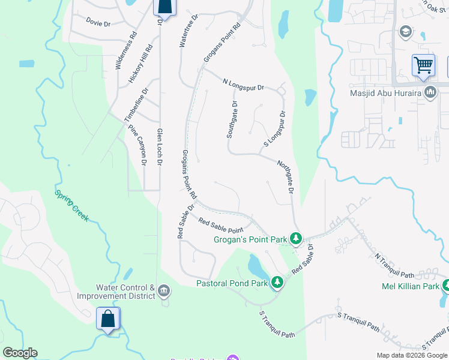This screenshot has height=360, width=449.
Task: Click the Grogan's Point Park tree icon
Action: (x=295, y=239)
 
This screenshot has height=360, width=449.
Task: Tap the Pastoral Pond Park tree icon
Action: (x=277, y=281)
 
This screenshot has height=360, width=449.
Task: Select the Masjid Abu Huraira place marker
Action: (x=430, y=92)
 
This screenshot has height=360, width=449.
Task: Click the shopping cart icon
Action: (x=423, y=65)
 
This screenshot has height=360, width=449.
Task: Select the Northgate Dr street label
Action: (x=286, y=176)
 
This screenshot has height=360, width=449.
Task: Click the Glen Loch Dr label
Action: (x=160, y=147)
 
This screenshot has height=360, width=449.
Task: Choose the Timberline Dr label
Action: (x=136, y=106)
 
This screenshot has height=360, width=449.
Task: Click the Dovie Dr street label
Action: (x=98, y=23)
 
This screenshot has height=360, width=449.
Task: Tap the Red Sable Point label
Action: (x=221, y=225)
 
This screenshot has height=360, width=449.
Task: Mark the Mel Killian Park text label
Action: (x=411, y=286)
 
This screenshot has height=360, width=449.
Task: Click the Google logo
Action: (x=20, y=353)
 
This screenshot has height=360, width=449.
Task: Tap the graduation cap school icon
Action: (x=405, y=31)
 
